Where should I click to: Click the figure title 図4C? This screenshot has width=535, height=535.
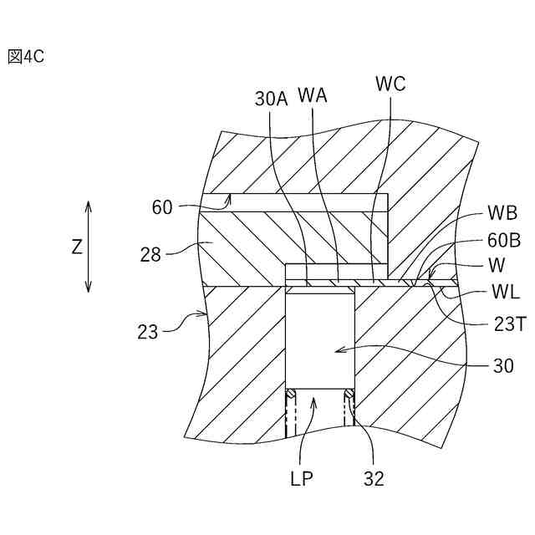(25, 57)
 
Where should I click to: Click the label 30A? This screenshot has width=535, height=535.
(271, 99)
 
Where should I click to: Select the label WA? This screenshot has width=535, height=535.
(312, 95)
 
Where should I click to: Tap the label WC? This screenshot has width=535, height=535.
(390, 84)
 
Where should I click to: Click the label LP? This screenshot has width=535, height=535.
(302, 479)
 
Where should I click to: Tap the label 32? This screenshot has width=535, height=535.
(374, 479)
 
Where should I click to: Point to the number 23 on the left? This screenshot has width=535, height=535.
(147, 331)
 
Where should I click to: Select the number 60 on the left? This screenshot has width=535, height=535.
(162, 206)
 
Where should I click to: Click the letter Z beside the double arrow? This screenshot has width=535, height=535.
(77, 247)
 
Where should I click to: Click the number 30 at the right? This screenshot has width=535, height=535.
(503, 366)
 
